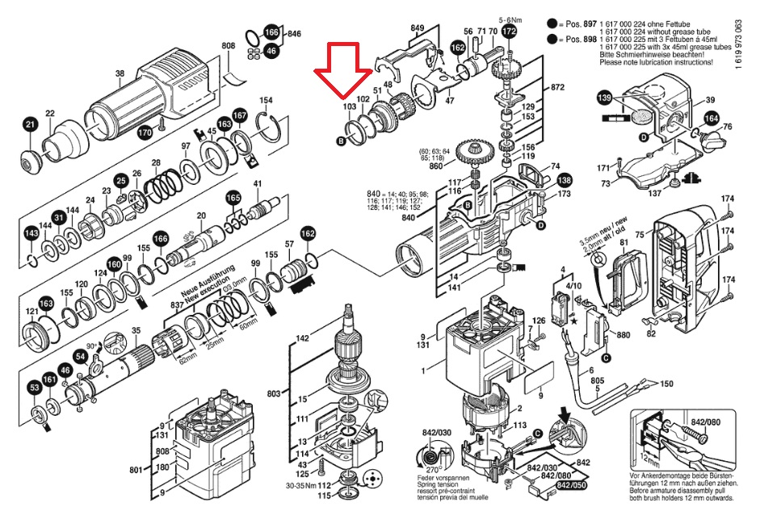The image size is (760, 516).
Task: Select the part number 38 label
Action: point(120,74)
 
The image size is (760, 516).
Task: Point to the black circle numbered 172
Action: point(509,31)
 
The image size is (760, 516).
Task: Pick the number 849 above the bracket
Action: point(417,29)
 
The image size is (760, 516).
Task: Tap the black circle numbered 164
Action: point(712,120)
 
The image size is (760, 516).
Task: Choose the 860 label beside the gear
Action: point(435,166)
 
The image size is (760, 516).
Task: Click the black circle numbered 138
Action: point(564,181)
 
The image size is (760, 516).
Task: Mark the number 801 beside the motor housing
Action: point(136,468)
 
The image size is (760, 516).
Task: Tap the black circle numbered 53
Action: point(35,389)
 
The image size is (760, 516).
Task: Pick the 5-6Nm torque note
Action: point(511,18)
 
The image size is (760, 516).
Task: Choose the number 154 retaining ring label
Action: point(266,100)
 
